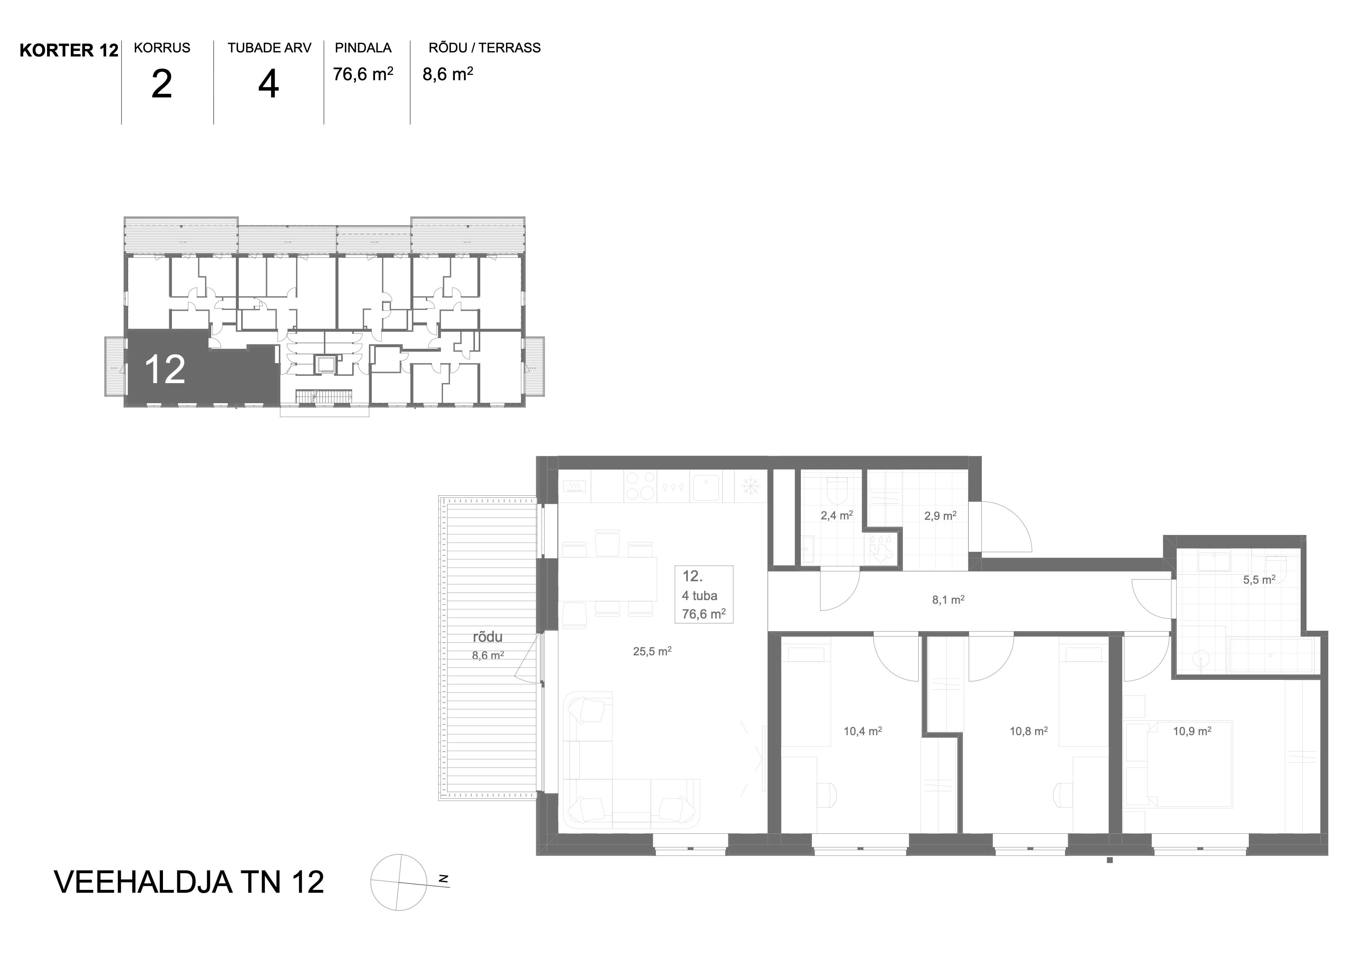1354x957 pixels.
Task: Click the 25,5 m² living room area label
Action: [652, 652]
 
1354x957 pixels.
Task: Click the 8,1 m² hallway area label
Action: [948, 600]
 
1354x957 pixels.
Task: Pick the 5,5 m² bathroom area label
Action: [1259, 580]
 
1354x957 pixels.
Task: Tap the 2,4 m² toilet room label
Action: [837, 516]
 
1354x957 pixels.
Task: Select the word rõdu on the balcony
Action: [488, 637]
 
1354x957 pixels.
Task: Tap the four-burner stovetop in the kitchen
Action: [640, 486]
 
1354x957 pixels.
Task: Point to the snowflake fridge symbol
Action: [750, 486]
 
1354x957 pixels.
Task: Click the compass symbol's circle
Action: [399, 883]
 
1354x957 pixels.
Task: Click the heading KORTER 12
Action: [69, 51]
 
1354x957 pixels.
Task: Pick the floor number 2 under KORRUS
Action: [162, 84]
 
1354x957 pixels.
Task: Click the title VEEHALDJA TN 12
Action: [189, 882]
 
